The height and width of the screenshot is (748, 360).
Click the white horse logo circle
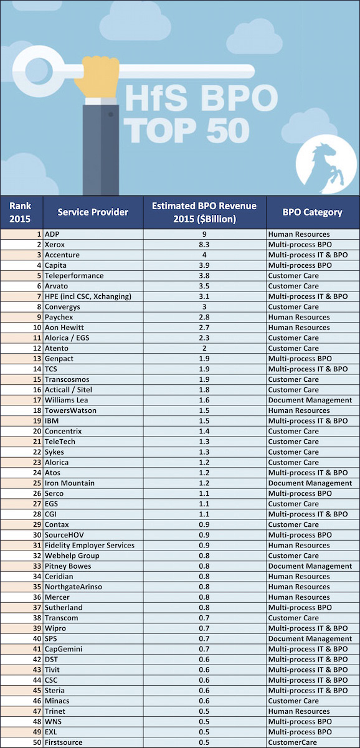pyautogui.click(x=326, y=164)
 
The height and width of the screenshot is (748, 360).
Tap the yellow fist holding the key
pyautogui.click(x=97, y=77)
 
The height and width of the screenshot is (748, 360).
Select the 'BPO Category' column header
pyautogui.click(x=313, y=212)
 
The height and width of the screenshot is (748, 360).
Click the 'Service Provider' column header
pyautogui.click(x=93, y=212)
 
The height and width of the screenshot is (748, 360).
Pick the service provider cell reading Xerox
pyautogui.click(x=55, y=244)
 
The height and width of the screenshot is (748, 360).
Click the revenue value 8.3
pyautogui.click(x=204, y=244)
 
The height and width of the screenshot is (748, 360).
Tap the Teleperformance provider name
pyautogui.click(x=74, y=275)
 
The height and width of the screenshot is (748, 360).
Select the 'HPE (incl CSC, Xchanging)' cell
pyautogui.click(x=88, y=296)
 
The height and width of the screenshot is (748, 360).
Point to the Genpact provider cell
pyautogui.click(x=59, y=359)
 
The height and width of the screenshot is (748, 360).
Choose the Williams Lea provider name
pyautogui.click(x=67, y=400)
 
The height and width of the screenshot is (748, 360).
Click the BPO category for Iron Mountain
pyautogui.click(x=310, y=483)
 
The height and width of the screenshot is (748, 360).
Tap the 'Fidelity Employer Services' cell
pyautogui.click(x=90, y=546)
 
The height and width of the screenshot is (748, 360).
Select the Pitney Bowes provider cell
pyautogui.click(x=68, y=566)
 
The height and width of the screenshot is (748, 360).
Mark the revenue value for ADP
pyautogui.click(x=204, y=234)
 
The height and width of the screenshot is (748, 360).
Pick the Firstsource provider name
pyautogui.click(x=64, y=742)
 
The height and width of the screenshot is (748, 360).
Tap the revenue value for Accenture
pyautogui.click(x=204, y=255)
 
